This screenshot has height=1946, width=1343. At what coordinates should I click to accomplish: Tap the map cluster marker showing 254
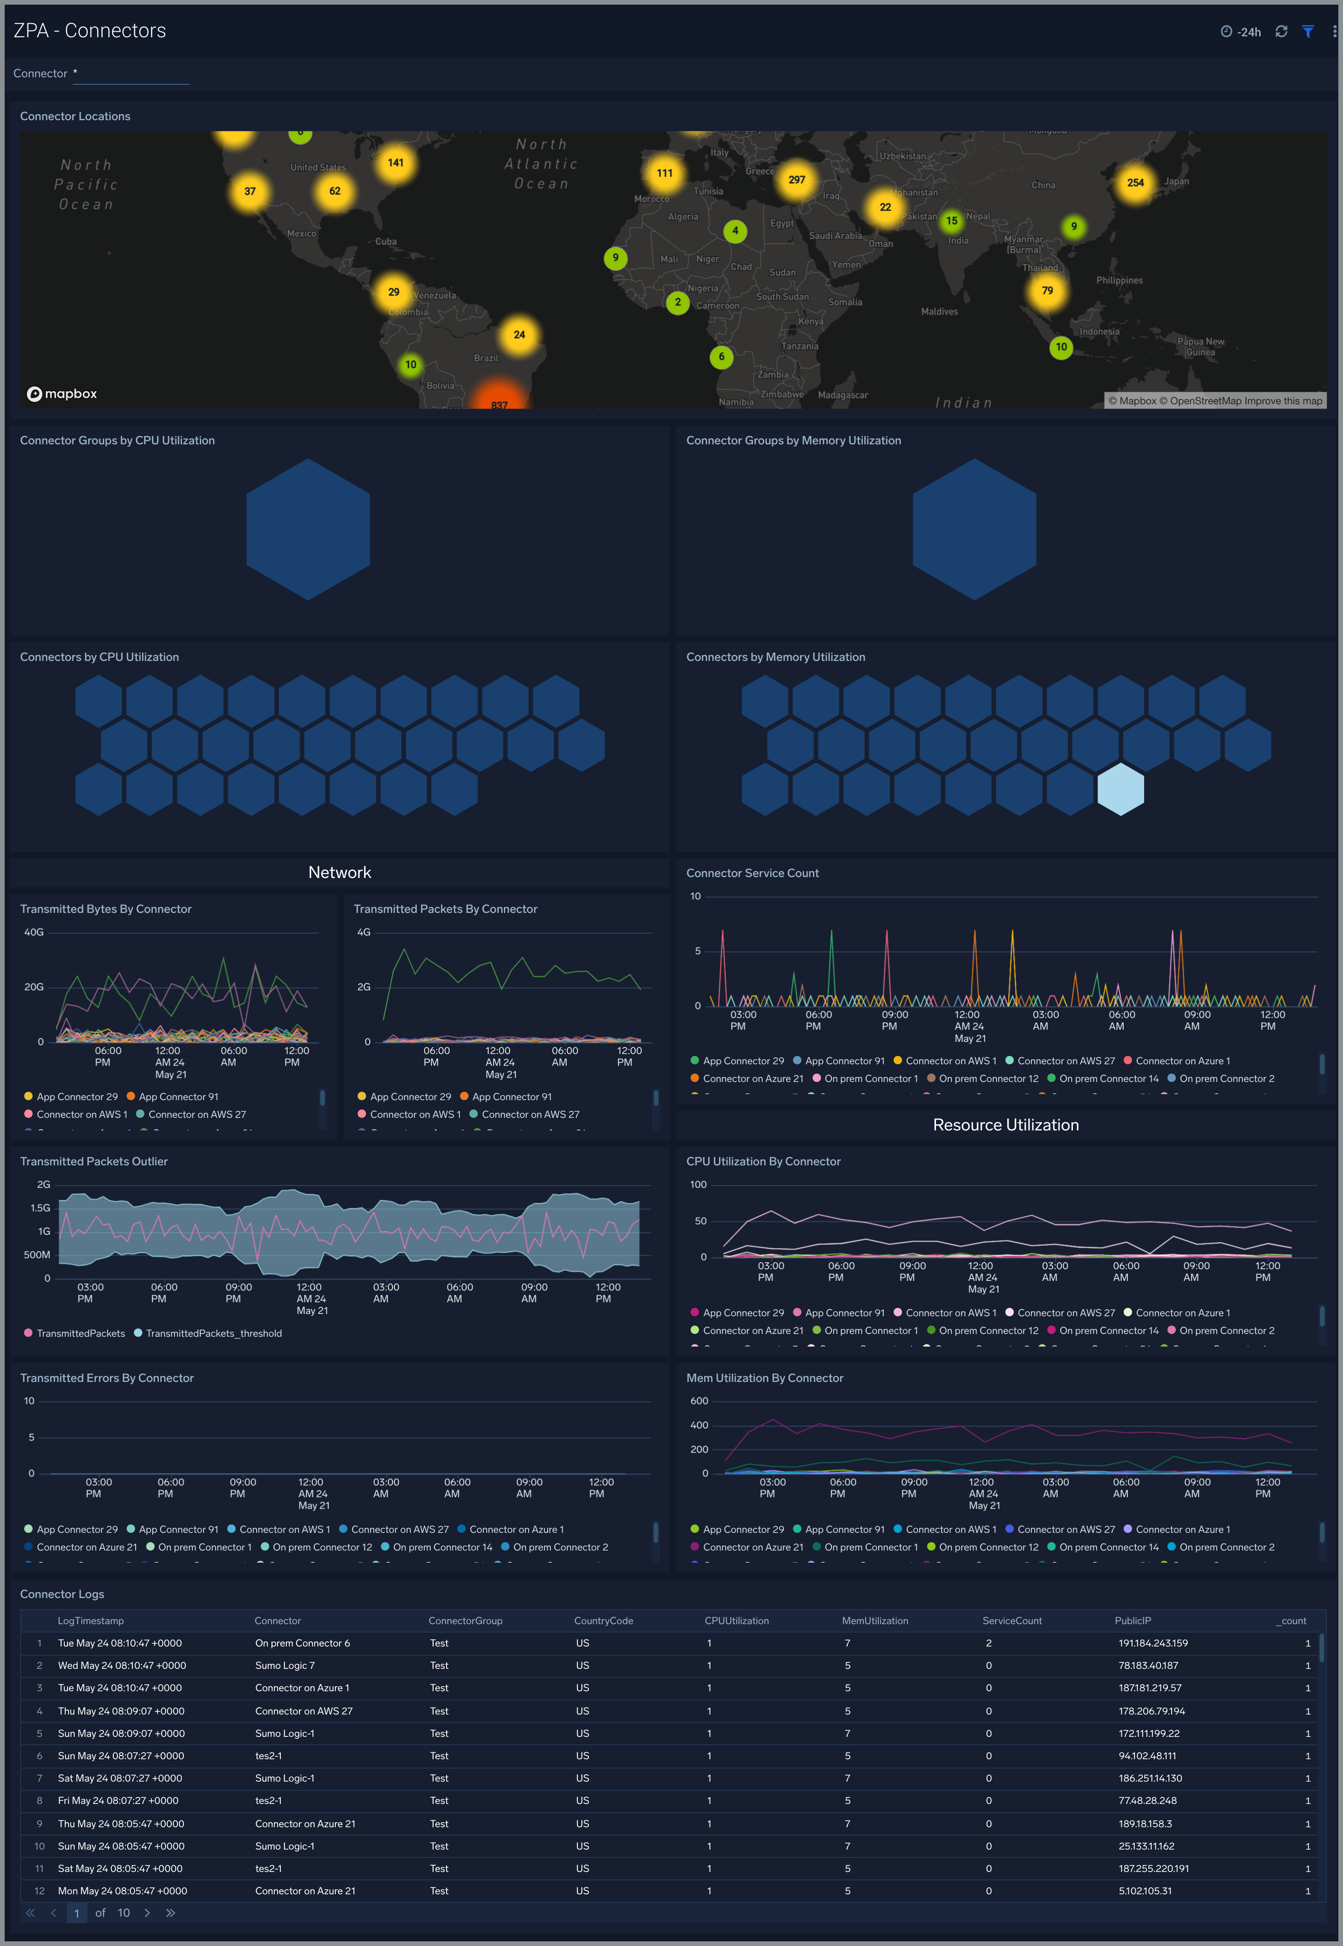coord(1135,183)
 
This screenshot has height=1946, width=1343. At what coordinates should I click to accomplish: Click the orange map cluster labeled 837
coord(499,400)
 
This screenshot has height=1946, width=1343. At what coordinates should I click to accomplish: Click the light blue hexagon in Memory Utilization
coord(1120,789)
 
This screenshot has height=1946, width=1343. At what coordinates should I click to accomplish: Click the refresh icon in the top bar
coord(1281,31)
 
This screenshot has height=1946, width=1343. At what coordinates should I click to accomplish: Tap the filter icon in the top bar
coord(1308,31)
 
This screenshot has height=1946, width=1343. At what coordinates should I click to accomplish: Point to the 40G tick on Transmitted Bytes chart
coord(34,932)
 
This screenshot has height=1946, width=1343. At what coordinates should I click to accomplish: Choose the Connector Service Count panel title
coord(752,873)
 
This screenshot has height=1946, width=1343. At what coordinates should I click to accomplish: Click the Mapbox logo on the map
coord(62,394)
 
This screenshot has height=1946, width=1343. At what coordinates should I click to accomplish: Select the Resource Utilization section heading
coord(1005,1124)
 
